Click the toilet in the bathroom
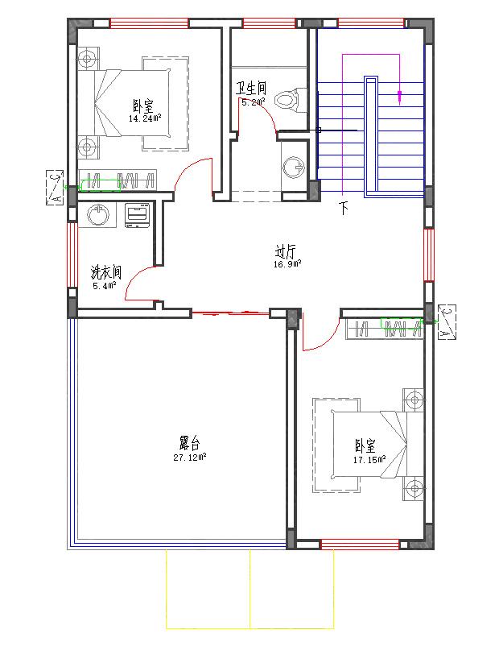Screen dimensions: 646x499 point(287,101)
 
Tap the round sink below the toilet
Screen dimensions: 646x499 point(293,166)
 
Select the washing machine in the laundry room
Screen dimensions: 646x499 point(137,216)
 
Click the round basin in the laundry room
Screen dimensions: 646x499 point(99,215)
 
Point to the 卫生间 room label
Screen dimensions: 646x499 point(250,88)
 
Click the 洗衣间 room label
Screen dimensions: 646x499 point(105,272)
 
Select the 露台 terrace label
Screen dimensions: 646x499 point(189,443)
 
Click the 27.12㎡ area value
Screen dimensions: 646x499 point(189,457)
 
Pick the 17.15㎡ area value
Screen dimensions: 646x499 point(369,460)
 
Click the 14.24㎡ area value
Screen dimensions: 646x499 point(145,118)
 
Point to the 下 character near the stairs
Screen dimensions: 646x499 point(344,209)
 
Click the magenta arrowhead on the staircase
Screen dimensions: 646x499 point(400,97)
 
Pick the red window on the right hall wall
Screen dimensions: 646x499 point(429,255)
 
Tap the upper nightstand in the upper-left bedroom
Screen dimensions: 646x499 point(87,57)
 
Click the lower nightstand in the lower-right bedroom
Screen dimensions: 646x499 point(414,488)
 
